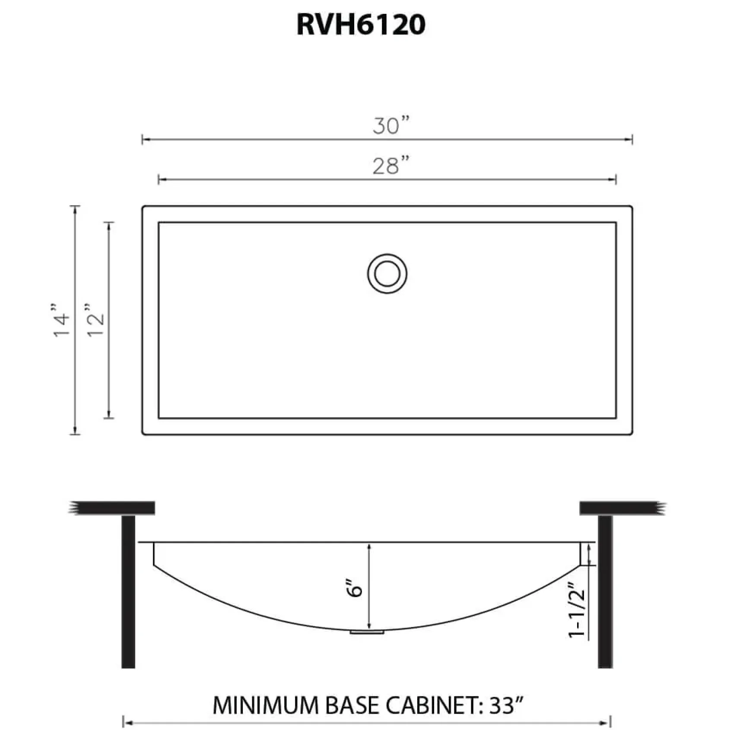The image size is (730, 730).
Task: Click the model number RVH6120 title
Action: pos(361,25)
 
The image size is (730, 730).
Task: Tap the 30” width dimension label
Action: pos(391,125)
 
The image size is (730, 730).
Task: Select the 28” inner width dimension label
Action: pos(391,165)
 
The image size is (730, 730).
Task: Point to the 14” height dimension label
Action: pos(61,320)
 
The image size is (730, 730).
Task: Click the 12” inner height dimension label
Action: pos(95,320)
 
